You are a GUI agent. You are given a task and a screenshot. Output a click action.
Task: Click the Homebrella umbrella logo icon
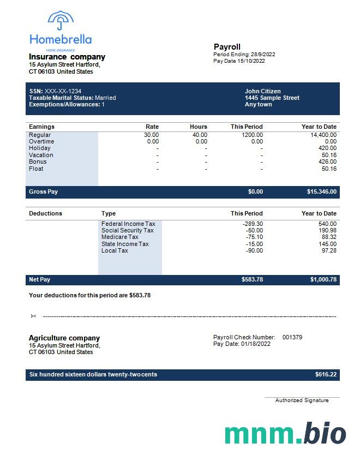point(61,21)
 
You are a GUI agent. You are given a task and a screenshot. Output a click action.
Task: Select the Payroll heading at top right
point(227,47)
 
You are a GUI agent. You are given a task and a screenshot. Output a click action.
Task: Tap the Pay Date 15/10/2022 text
point(239,61)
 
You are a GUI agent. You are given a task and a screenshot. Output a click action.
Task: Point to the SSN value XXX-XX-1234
point(63,91)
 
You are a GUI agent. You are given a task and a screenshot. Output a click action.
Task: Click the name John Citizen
point(263,91)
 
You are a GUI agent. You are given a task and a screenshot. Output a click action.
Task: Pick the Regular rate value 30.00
point(151,135)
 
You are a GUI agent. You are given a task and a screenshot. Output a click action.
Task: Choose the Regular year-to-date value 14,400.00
point(323,135)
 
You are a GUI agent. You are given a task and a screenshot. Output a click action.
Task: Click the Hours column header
point(199,127)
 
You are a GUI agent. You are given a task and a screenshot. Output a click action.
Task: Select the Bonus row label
point(38,161)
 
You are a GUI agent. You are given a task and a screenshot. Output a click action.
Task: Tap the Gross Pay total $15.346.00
point(322,192)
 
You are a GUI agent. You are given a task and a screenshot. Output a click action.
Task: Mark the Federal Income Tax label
point(128,224)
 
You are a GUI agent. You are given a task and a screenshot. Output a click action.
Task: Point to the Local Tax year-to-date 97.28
point(329,250)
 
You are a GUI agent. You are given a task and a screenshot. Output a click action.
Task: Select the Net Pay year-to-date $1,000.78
point(323,280)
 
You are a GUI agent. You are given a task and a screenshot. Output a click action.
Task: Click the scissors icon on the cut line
point(33,316)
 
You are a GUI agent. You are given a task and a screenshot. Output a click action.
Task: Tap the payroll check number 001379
point(292,337)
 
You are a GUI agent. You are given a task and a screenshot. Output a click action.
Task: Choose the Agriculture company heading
point(64,338)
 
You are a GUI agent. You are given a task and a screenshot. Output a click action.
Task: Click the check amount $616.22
point(326,375)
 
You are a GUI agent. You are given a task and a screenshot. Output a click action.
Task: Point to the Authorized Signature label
point(302,400)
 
